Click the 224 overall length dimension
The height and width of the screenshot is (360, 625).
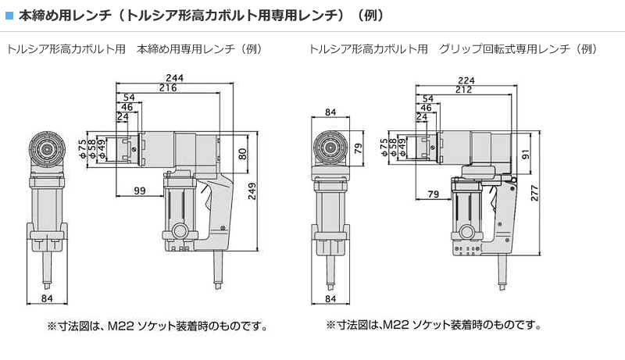pos(466,80)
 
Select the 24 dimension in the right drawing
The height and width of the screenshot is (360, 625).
pos(423,117)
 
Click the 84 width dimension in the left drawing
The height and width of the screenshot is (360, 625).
pos(47,299)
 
